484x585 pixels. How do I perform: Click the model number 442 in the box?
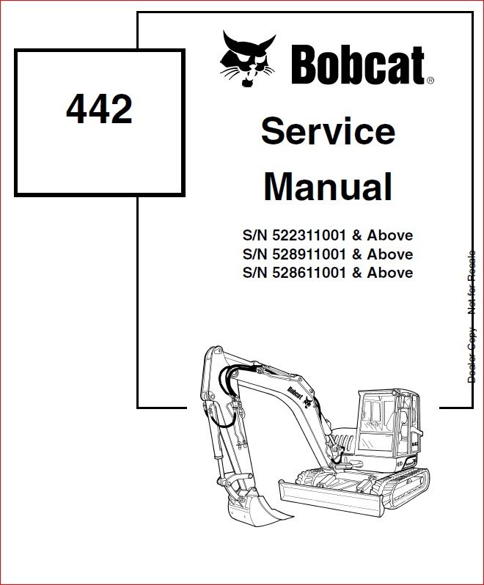click(99, 109)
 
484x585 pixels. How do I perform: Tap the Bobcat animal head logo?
click(248, 59)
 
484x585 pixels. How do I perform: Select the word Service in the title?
click(329, 131)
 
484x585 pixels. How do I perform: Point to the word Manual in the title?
click(328, 186)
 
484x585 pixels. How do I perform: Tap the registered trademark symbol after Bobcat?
click(430, 80)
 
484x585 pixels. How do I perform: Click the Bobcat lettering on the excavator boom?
click(294, 393)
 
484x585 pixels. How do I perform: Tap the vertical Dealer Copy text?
click(472, 355)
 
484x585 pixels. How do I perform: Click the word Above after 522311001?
click(390, 235)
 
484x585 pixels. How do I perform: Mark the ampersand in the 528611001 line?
click(357, 273)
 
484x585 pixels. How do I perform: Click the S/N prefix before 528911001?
click(255, 254)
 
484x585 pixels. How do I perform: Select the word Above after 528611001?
click(390, 273)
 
